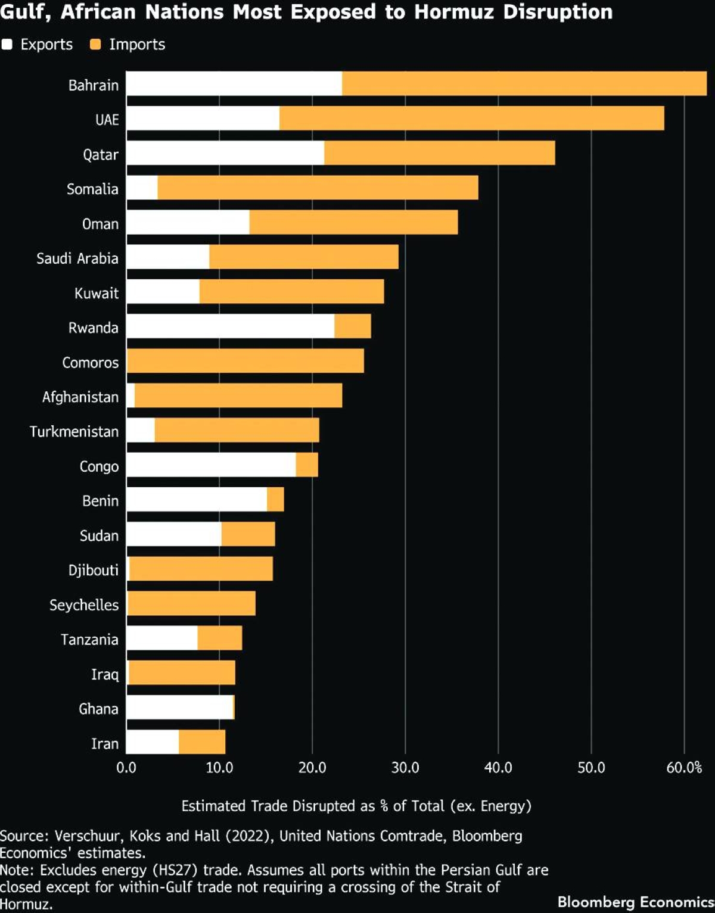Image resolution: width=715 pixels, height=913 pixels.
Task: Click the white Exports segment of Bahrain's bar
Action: point(234,83)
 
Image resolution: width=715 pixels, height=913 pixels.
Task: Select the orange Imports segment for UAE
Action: point(471,118)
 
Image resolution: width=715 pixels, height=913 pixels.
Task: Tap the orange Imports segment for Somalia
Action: point(318,188)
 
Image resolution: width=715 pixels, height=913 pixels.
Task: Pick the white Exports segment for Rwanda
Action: point(230,326)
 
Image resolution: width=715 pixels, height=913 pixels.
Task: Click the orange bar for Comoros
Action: point(245,361)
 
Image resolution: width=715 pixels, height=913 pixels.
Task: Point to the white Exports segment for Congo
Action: point(211,465)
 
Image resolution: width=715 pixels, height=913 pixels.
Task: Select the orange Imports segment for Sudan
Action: point(248,534)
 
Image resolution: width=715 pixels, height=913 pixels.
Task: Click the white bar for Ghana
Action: point(179,707)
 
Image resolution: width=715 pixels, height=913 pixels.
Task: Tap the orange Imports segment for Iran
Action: point(202,742)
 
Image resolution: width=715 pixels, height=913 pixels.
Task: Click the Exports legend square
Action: point(7,44)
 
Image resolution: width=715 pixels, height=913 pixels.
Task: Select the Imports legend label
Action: point(137,45)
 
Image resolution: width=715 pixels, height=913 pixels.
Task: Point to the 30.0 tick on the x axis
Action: point(405,768)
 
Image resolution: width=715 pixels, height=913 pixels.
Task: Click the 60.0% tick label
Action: point(684,768)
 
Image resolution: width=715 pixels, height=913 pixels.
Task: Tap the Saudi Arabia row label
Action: point(77,258)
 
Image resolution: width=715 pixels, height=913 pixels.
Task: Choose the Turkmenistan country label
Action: point(74,432)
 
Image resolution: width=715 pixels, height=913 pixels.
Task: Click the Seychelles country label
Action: point(84,605)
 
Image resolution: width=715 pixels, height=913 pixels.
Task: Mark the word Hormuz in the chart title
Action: point(453,12)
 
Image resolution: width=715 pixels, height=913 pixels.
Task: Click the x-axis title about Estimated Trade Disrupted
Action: point(356,806)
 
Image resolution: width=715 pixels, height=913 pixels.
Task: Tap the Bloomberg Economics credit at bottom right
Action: point(635,902)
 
